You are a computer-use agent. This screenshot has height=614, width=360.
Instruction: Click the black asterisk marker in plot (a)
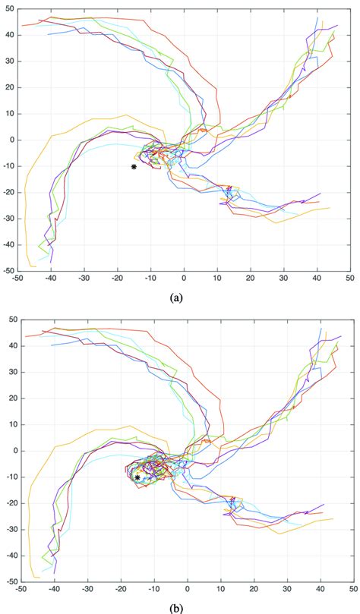134,166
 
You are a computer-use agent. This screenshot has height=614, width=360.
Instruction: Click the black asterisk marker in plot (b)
137,477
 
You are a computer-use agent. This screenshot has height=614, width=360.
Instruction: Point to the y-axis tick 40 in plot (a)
8,35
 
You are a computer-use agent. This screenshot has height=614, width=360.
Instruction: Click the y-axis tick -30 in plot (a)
7,218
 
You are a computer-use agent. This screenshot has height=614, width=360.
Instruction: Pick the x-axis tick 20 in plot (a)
251,279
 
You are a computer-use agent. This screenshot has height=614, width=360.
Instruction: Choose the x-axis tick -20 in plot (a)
117,279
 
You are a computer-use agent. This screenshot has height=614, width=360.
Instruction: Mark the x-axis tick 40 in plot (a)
317,279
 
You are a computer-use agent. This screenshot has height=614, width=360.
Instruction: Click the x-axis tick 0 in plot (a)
185,279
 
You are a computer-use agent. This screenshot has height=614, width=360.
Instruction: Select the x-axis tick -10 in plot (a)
150,279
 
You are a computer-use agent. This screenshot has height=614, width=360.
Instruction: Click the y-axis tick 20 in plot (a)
8,87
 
